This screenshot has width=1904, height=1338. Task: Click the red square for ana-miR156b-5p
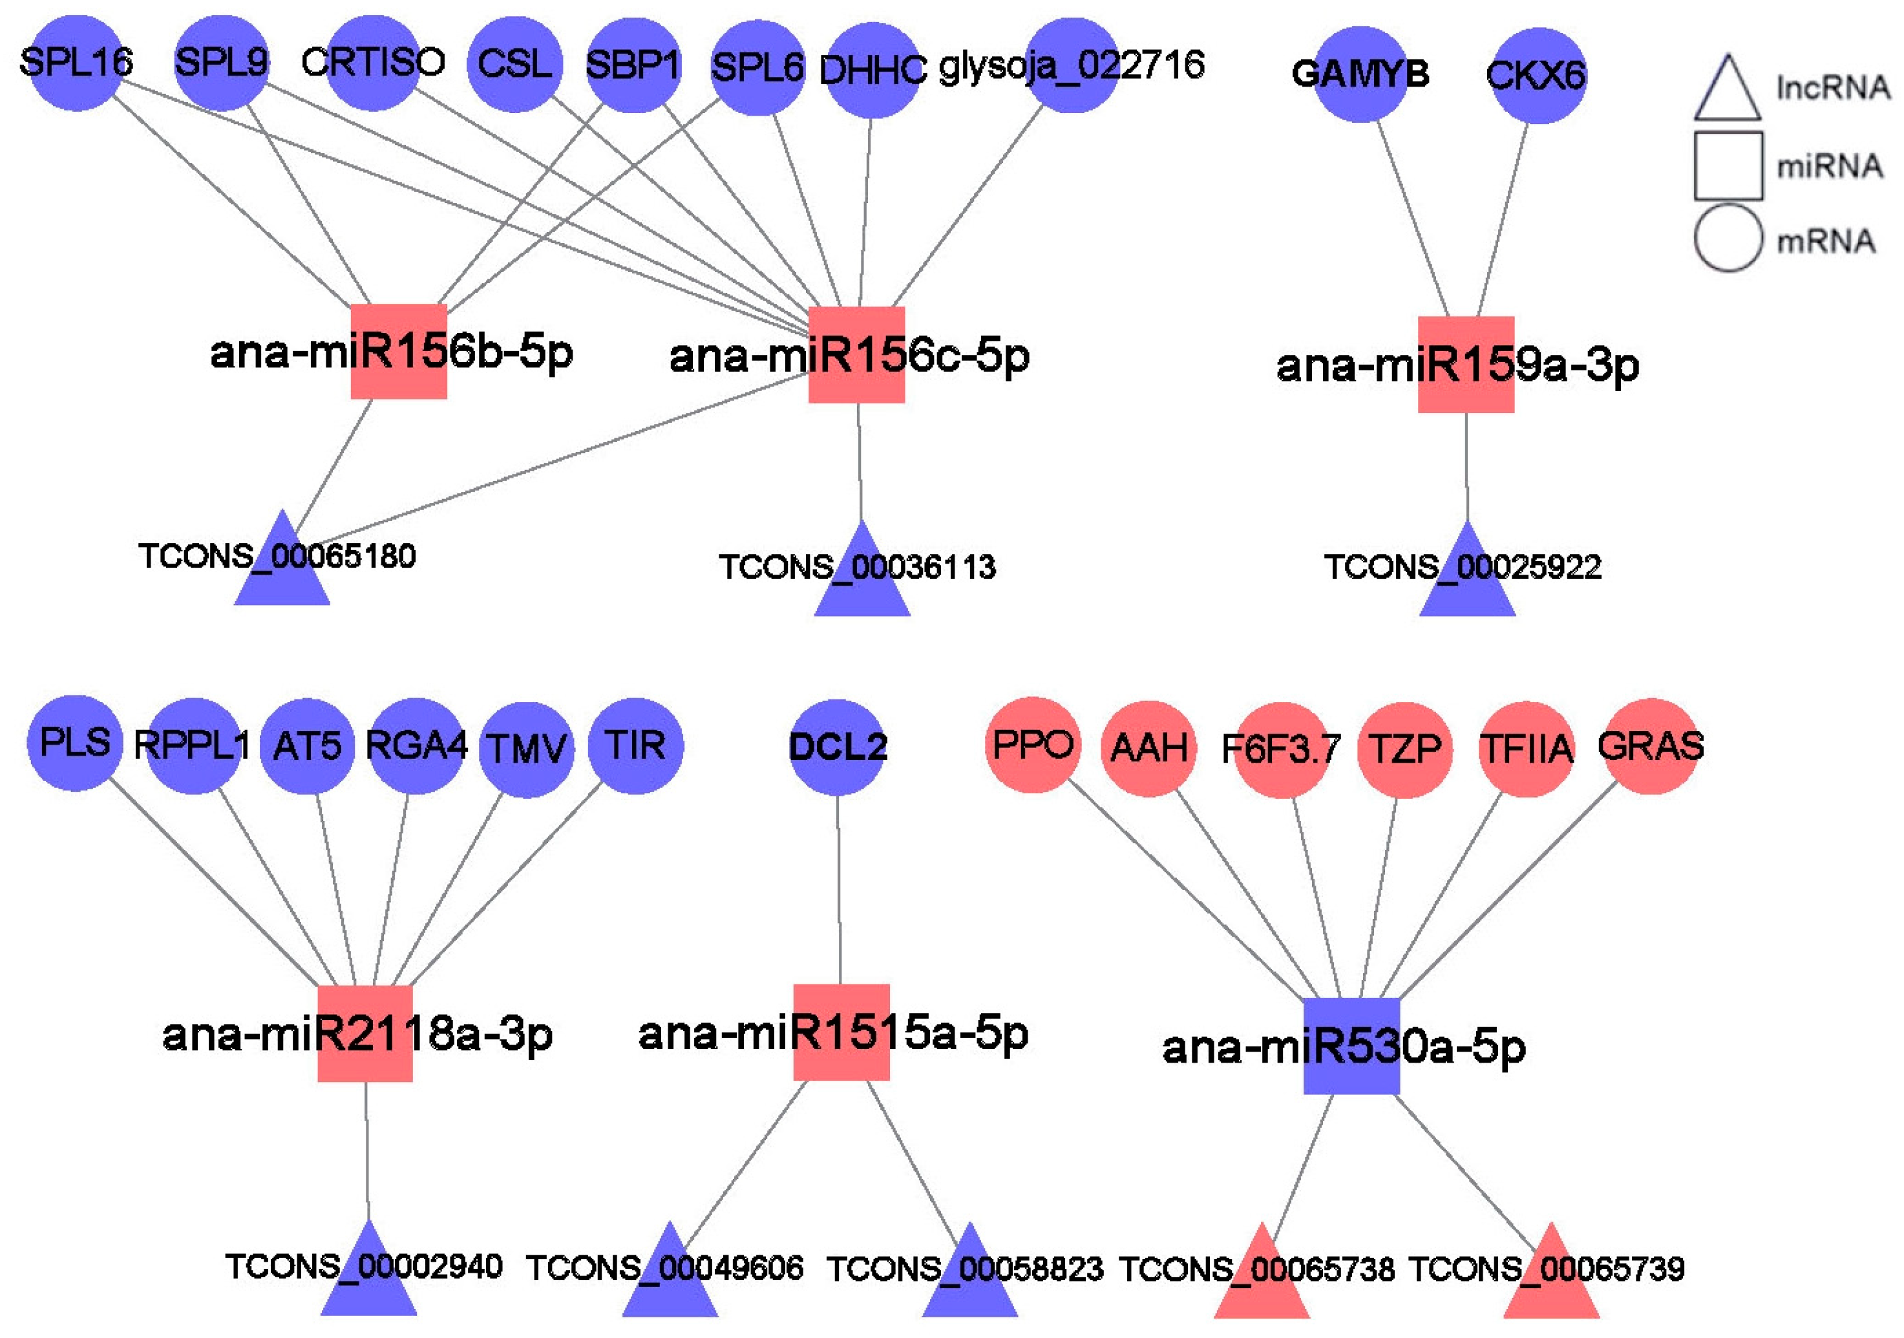399,351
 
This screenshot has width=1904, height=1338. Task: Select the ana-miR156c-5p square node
856,354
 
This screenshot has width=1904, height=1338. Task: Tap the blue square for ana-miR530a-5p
1351,1045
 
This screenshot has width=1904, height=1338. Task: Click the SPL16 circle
76,63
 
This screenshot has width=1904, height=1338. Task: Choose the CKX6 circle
1538,76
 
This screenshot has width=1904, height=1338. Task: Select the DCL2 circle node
837,747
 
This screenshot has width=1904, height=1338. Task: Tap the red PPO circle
1032,744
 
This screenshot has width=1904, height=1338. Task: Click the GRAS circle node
1650,746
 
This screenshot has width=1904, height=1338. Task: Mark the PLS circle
74,743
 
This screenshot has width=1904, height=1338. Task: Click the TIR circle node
635,745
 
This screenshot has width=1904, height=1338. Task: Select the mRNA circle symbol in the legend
1728,239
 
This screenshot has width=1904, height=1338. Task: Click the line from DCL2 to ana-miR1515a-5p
838,887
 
